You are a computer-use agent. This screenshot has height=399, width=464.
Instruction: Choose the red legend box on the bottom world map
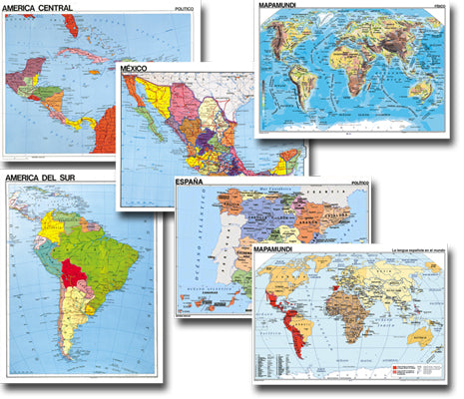(x=393, y=367)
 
